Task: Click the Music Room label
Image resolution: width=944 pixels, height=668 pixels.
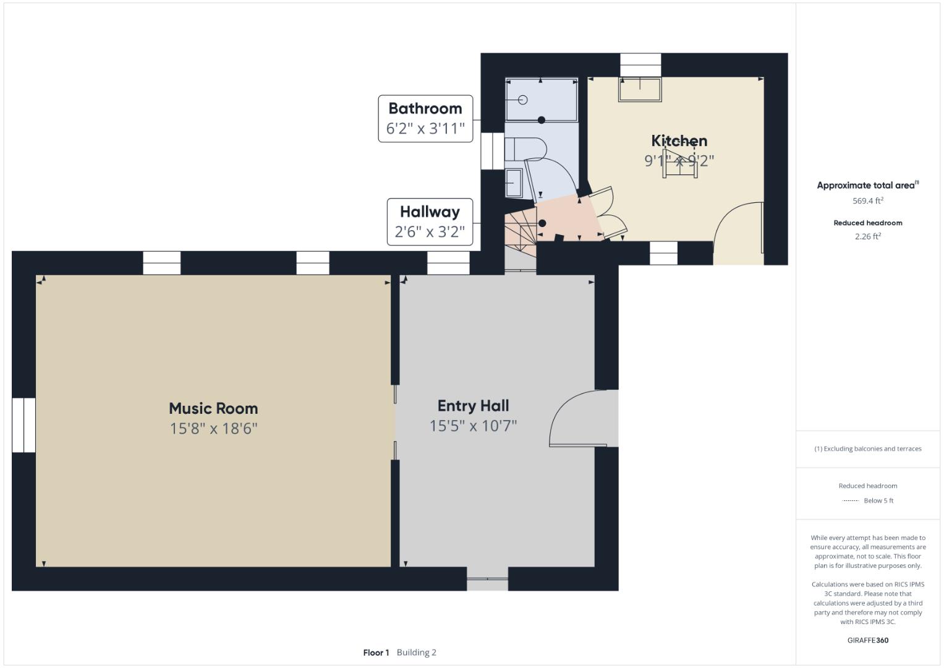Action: coord(213,408)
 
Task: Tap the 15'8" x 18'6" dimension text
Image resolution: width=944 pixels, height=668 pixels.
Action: coord(213,429)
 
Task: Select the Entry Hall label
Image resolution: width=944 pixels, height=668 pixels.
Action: coord(474,406)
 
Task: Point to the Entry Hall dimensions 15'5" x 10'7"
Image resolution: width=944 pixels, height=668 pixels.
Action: coord(474,426)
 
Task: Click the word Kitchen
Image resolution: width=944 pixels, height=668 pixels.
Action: coord(679,140)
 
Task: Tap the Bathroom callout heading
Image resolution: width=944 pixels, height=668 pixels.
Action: coord(425,108)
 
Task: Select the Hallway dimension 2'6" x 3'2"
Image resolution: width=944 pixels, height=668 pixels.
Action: coord(430,231)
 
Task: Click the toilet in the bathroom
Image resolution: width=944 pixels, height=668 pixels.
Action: coord(525,149)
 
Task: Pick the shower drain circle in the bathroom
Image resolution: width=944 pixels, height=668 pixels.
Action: coord(523,100)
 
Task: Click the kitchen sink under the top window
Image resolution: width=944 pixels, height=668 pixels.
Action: coord(640,89)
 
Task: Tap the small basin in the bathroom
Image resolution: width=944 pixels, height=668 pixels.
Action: coord(514,183)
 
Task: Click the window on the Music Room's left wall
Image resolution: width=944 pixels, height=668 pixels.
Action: coord(23,425)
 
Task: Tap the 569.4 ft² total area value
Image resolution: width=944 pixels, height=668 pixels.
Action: coord(868,201)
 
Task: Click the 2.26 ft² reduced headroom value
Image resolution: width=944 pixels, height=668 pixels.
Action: coord(868,236)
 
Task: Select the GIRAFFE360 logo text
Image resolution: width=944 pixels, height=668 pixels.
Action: coord(868,640)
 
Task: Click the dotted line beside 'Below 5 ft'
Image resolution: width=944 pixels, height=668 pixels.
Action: coord(851,500)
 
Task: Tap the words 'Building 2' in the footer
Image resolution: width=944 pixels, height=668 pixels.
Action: coord(417,653)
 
